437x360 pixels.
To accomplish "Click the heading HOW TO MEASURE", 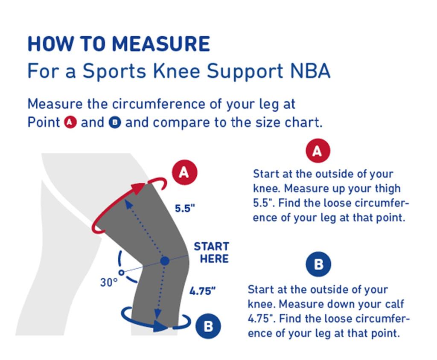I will click(119, 44).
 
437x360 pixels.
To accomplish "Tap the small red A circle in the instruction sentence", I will click(70, 123).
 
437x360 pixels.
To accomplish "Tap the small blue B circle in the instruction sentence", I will click(115, 123).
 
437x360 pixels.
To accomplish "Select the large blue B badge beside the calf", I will click(208, 326).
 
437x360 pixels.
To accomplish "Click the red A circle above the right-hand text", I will click(318, 151).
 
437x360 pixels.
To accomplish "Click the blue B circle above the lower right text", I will click(318, 264).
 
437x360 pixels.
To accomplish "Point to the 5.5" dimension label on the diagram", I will click(185, 209).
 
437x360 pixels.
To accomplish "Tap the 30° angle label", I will click(109, 282).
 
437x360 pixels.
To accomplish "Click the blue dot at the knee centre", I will click(165, 261).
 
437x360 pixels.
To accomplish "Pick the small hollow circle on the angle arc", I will click(122, 272).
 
